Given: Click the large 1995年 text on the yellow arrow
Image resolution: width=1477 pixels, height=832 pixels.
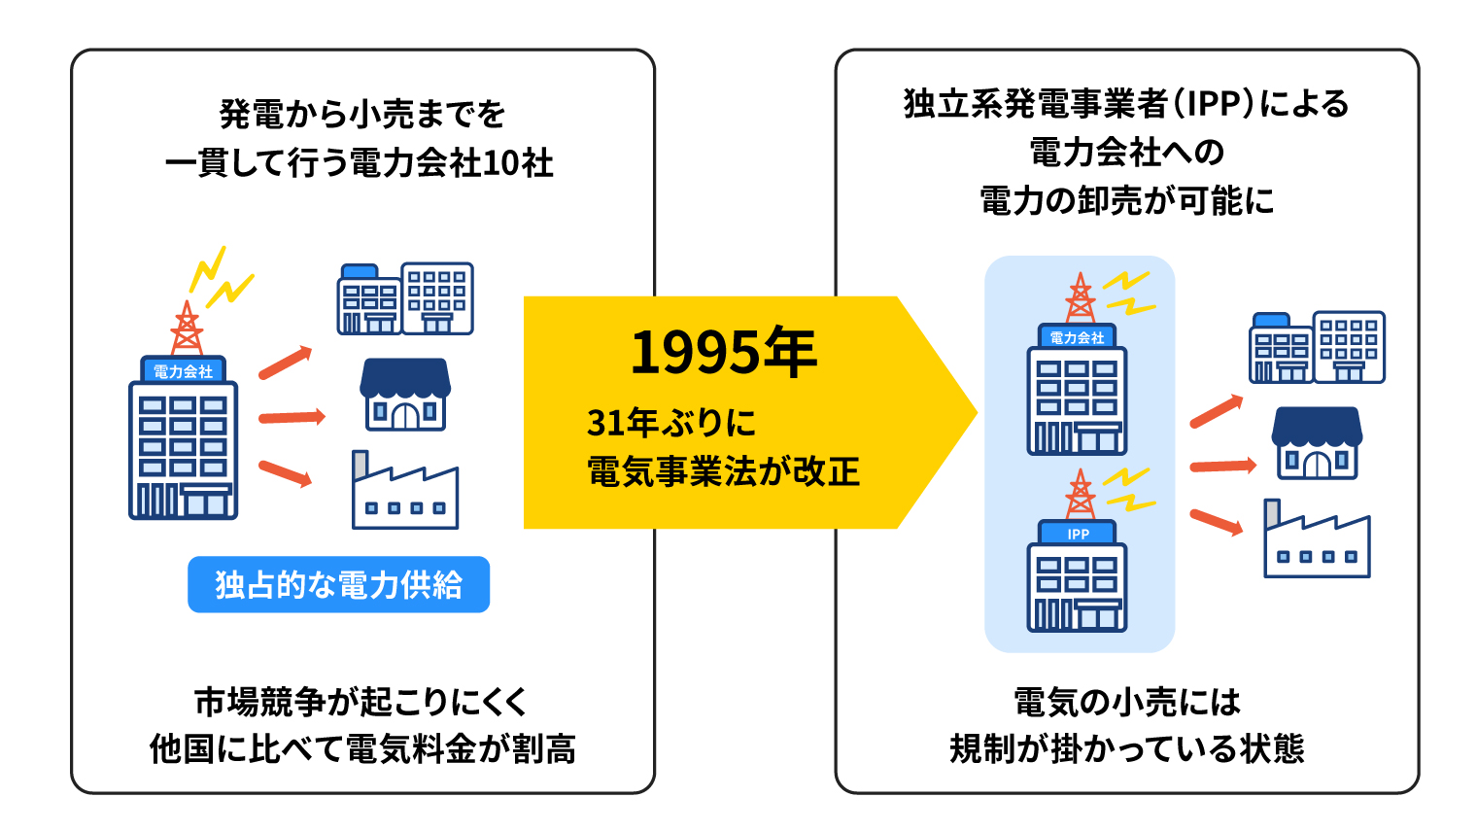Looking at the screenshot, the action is point(723,352).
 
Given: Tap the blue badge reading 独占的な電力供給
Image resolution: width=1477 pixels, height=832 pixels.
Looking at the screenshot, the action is point(338,584).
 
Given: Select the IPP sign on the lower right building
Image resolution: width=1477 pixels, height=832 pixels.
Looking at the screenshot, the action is point(1078,533).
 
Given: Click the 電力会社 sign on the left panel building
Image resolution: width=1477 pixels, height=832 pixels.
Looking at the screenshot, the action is point(184,371).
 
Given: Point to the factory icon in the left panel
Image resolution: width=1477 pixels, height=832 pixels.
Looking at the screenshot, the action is point(405,490).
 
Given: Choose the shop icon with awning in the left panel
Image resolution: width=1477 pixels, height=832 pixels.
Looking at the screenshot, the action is point(405,395).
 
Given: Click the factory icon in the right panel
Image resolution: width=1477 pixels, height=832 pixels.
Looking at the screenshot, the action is point(1317,538).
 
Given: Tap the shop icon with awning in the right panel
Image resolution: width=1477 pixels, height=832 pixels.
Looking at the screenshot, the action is point(1317,442).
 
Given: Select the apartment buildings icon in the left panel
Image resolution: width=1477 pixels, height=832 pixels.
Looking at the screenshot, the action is point(405,299).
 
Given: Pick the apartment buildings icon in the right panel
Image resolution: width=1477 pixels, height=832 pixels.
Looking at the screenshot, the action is point(1317,347).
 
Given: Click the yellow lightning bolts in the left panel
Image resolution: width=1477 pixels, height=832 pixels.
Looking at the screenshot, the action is point(221,277).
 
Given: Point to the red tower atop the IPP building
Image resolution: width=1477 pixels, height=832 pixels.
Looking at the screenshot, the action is point(1081,494).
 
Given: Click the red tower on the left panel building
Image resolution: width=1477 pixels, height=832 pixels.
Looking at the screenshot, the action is point(188,328).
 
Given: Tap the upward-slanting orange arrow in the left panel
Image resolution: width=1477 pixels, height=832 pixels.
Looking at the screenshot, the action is point(285,363).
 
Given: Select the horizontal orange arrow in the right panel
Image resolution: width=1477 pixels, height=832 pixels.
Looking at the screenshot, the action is point(1223,466).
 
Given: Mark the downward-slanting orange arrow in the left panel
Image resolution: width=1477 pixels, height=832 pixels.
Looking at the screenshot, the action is point(285,473).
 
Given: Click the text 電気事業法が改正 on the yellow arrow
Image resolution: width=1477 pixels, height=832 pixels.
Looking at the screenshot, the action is point(723,471).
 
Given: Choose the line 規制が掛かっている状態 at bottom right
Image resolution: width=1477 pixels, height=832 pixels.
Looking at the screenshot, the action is point(1127,748).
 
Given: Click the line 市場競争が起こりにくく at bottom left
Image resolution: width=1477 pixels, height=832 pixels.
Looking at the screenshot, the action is point(361,701).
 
